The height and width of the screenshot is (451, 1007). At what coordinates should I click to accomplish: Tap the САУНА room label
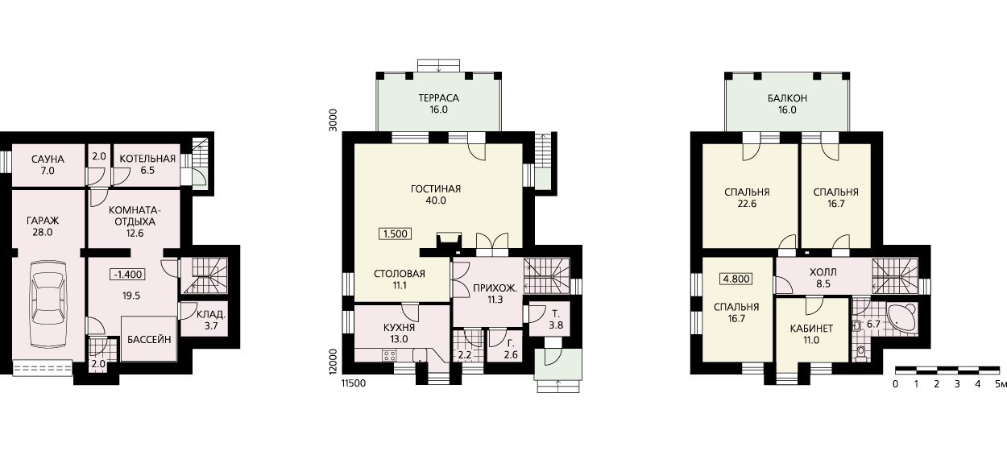(48, 159)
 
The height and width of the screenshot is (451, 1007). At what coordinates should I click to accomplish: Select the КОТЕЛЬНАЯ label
(147, 159)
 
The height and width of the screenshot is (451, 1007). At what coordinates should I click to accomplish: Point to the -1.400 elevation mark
(128, 274)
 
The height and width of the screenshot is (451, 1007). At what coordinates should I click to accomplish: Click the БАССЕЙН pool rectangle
(149, 338)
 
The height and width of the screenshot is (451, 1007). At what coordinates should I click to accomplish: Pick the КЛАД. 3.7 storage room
(211, 320)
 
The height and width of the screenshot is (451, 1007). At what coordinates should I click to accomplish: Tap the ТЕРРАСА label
(438, 98)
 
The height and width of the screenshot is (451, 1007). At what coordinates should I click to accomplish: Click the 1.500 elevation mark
(396, 234)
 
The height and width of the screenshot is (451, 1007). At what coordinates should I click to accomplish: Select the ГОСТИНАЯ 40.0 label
(436, 195)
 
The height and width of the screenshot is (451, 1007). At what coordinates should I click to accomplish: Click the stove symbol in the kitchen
(389, 356)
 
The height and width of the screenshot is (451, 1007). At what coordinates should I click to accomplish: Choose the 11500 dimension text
(354, 383)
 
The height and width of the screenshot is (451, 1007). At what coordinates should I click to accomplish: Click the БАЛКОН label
(787, 98)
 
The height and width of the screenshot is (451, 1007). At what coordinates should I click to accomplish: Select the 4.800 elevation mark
(736, 279)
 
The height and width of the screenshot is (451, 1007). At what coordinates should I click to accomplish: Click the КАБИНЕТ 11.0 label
(811, 334)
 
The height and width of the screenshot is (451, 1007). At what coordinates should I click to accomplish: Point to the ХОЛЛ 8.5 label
(823, 278)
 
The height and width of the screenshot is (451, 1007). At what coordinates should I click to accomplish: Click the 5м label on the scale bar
(1001, 384)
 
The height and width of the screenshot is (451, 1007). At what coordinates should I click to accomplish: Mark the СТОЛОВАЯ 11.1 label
(400, 279)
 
